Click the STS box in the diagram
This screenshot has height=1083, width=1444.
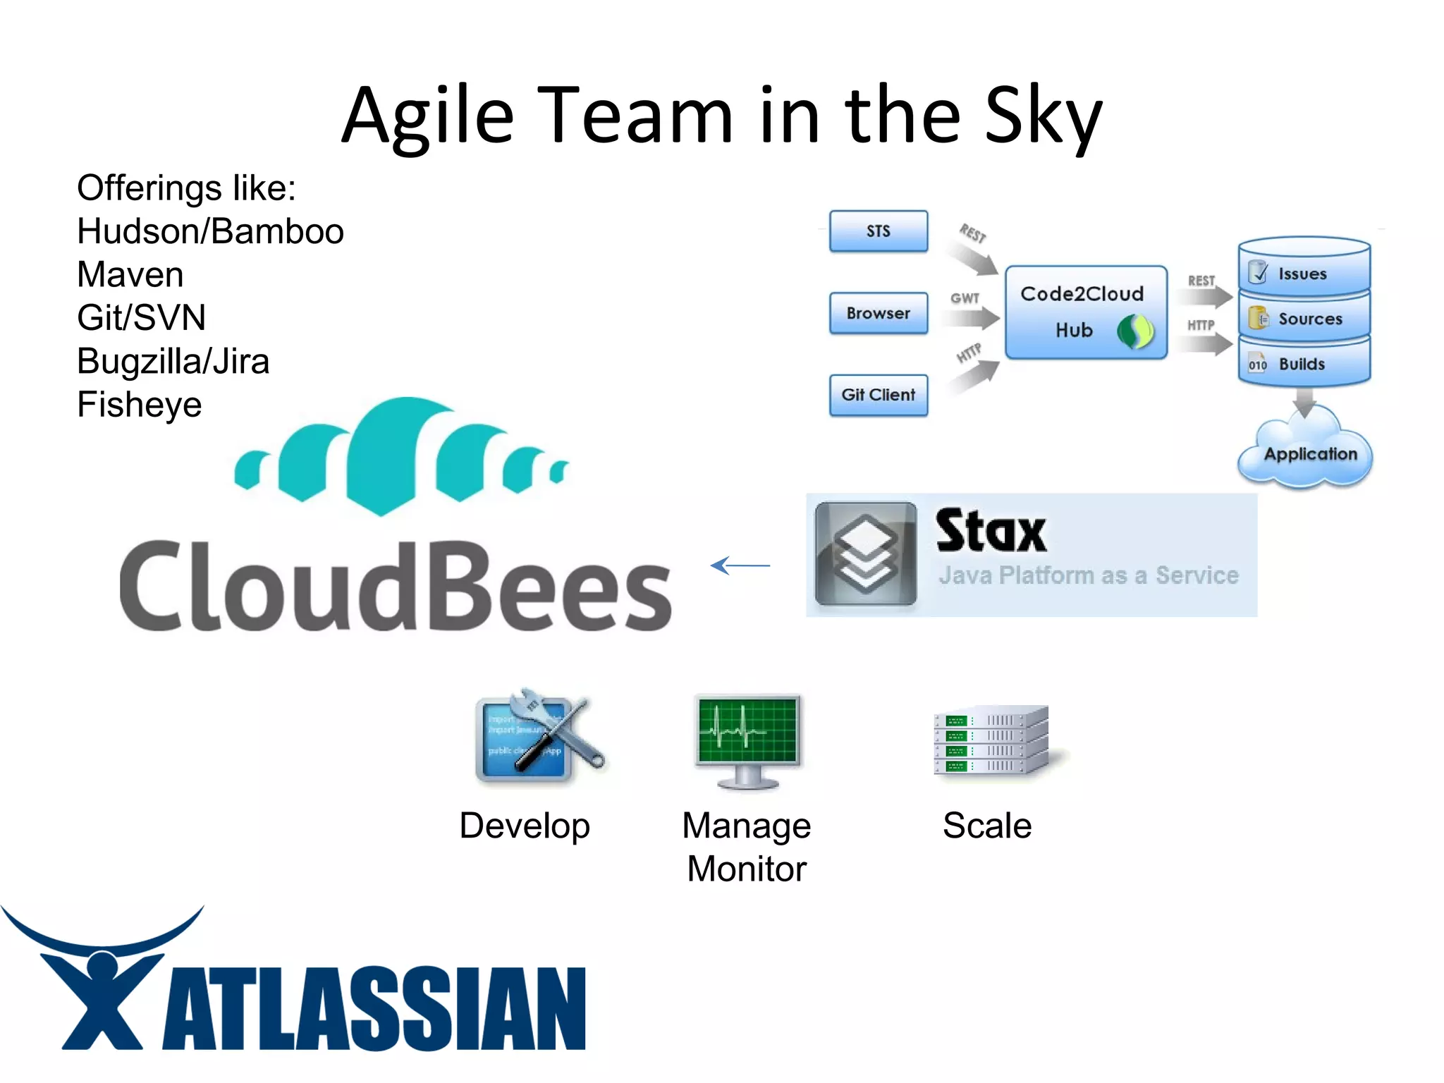878,231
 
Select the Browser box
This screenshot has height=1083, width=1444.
878,313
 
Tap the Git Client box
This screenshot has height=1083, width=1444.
878,395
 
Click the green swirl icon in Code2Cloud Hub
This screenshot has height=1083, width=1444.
1135,331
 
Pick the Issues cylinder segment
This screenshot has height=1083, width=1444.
1304,272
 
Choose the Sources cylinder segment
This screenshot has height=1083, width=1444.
1304,319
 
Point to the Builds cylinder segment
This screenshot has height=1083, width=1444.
1304,364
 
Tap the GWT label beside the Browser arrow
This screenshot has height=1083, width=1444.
965,298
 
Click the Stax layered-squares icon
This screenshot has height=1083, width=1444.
866,554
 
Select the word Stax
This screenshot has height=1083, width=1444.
991,532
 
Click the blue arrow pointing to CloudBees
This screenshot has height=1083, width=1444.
740,565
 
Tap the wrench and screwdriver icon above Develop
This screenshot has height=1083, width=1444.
539,737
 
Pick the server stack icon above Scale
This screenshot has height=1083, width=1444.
991,740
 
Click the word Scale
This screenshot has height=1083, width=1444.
987,826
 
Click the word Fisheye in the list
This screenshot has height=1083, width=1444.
140,405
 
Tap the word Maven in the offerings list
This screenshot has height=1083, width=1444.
130,274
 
